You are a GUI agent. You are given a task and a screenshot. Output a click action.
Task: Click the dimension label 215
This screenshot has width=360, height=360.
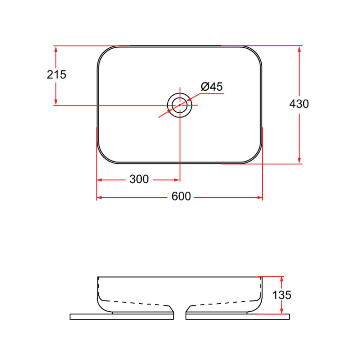[56, 74]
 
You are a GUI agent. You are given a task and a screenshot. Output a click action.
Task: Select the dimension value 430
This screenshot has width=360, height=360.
[299, 104]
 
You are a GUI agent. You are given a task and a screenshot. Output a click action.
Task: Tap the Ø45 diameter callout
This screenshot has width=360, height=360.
[212, 87]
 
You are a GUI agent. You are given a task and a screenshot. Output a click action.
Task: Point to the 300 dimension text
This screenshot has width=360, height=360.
[139, 180]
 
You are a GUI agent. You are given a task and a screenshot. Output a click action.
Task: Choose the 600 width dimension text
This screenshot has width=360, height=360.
[181, 197]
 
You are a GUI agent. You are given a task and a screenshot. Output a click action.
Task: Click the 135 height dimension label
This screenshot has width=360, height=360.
[282, 295]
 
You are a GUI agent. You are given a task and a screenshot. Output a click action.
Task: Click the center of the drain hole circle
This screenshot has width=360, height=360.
[180, 105]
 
